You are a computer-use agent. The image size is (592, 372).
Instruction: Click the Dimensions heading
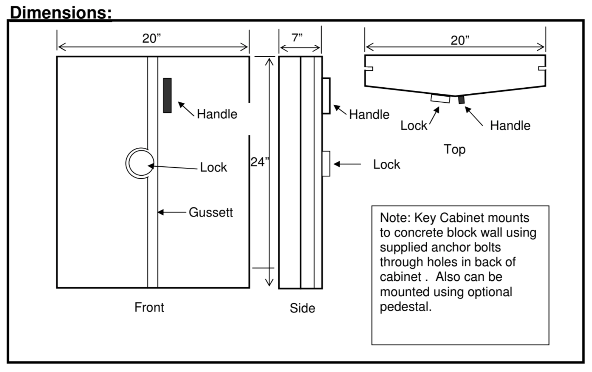pos(61,13)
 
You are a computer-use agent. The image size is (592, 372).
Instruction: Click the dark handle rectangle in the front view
pos(167,95)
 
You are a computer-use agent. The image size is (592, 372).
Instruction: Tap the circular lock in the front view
pos(140,163)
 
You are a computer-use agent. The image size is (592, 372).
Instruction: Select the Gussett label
pos(210,212)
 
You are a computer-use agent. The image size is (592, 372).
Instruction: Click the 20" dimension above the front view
pos(151,38)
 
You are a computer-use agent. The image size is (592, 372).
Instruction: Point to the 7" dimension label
pos(297,38)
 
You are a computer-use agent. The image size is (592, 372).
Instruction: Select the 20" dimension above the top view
pos(460,40)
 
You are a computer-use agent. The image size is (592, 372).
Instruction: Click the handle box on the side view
pos(326,96)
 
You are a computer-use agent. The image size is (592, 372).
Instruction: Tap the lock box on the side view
pos(326,163)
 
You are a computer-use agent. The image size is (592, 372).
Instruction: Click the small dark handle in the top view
pos(461,99)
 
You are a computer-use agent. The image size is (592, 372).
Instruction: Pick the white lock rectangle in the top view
pos(440,98)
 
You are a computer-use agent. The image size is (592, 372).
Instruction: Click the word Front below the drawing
pos(149,307)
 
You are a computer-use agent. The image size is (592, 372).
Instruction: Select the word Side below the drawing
pos(302,308)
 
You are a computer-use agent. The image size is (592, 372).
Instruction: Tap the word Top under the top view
pos(454,149)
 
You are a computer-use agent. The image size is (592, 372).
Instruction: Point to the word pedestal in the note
pos(405,307)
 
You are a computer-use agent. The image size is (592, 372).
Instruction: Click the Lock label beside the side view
pos(386,165)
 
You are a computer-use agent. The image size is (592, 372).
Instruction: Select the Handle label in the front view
pos(217,114)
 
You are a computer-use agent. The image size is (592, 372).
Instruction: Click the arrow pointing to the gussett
pos(171,212)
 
